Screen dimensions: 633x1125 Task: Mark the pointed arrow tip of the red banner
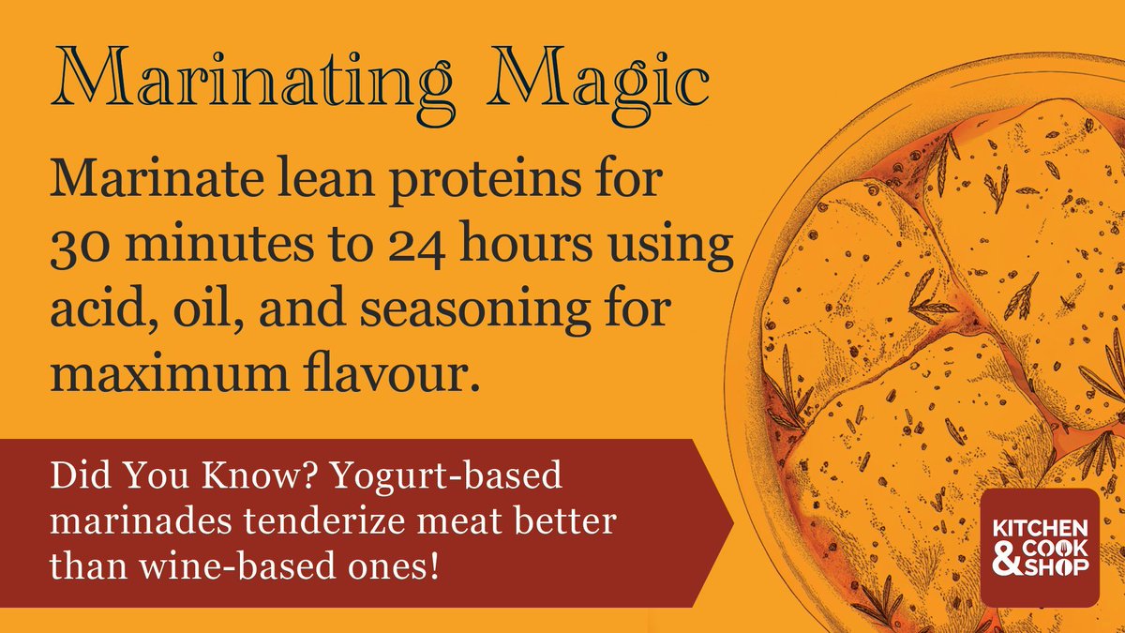tap(733, 521)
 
